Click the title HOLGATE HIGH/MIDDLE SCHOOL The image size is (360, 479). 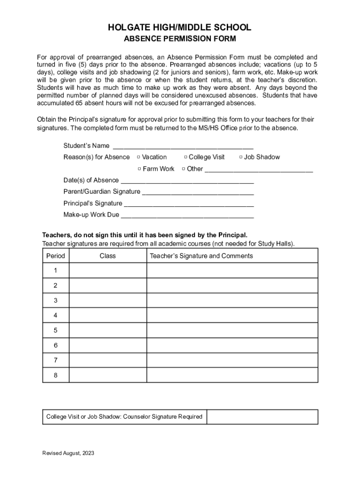tap(180, 28)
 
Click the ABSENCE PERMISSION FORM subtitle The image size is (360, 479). tap(180, 39)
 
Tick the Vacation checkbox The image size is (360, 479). tap(139, 157)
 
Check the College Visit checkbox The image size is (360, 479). tap(186, 157)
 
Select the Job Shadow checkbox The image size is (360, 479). tap(241, 157)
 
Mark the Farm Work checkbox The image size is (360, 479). tap(139, 169)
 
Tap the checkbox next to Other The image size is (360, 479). tap(184, 169)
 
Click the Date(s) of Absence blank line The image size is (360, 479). tap(187, 181)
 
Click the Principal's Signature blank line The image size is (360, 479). tap(189, 204)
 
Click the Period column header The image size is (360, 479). tap(56, 256)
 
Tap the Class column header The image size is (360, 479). tap(108, 256)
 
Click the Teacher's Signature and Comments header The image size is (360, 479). tap(201, 256)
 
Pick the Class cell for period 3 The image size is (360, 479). tap(108, 300)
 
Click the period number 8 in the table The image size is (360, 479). tap(56, 375)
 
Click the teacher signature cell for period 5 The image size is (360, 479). tap(232, 330)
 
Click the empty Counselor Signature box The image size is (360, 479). tap(262, 417)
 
